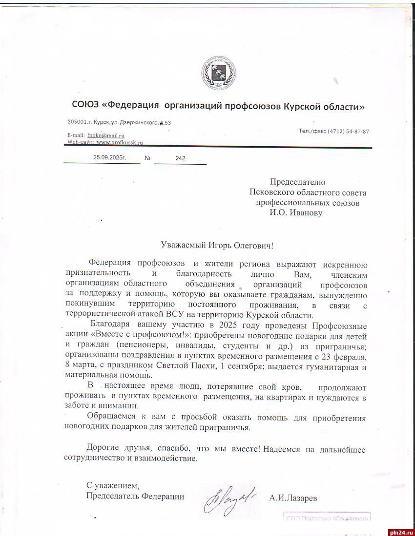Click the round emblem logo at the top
218,76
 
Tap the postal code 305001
77,122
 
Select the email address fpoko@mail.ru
106,135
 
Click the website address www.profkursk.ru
120,142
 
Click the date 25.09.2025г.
109,158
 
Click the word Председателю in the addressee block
297,182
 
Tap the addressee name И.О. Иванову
295,212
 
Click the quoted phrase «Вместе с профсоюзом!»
138,336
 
